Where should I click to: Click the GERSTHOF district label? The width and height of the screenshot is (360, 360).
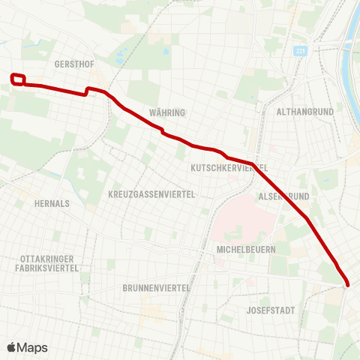tap(73, 64)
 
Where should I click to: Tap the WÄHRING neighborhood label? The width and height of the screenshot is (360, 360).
tap(166, 112)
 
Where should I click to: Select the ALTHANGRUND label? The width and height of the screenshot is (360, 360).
tap(304, 111)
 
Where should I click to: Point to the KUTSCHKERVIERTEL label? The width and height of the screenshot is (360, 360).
tap(229, 167)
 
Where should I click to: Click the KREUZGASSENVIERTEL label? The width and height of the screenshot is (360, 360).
tap(151, 194)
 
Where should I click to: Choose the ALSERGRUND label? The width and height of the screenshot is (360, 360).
tap(284, 196)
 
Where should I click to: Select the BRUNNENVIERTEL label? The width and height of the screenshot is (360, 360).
tap(157, 287)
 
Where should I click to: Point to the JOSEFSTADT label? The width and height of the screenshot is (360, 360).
tap(271, 310)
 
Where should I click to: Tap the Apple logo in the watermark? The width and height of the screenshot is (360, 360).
tap(13, 347)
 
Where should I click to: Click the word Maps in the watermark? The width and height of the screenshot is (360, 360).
tap(33, 347)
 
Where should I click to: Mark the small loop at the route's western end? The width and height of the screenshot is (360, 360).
tap(19, 79)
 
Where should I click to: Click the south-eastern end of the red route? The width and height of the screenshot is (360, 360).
tap(346, 283)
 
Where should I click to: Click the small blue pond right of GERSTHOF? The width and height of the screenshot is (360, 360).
tap(164, 53)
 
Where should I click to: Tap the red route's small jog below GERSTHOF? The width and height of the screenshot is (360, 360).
tap(88, 91)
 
